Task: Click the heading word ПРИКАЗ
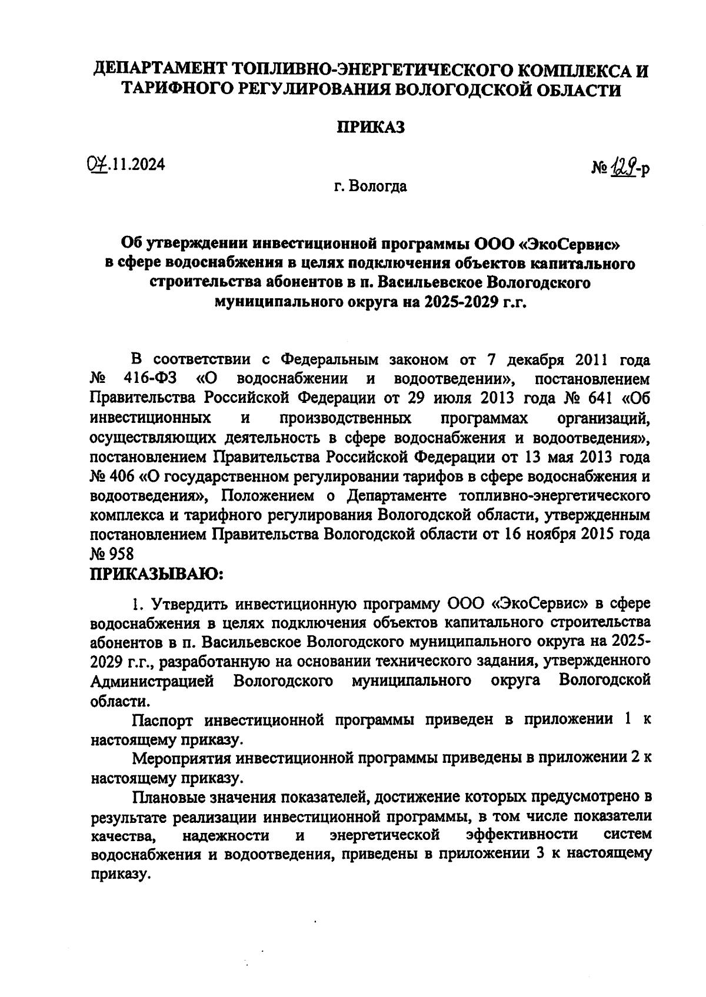tap(370, 128)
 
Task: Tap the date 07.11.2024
tap(124, 164)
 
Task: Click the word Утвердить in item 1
tap(188, 603)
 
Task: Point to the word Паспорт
tap(164, 720)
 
